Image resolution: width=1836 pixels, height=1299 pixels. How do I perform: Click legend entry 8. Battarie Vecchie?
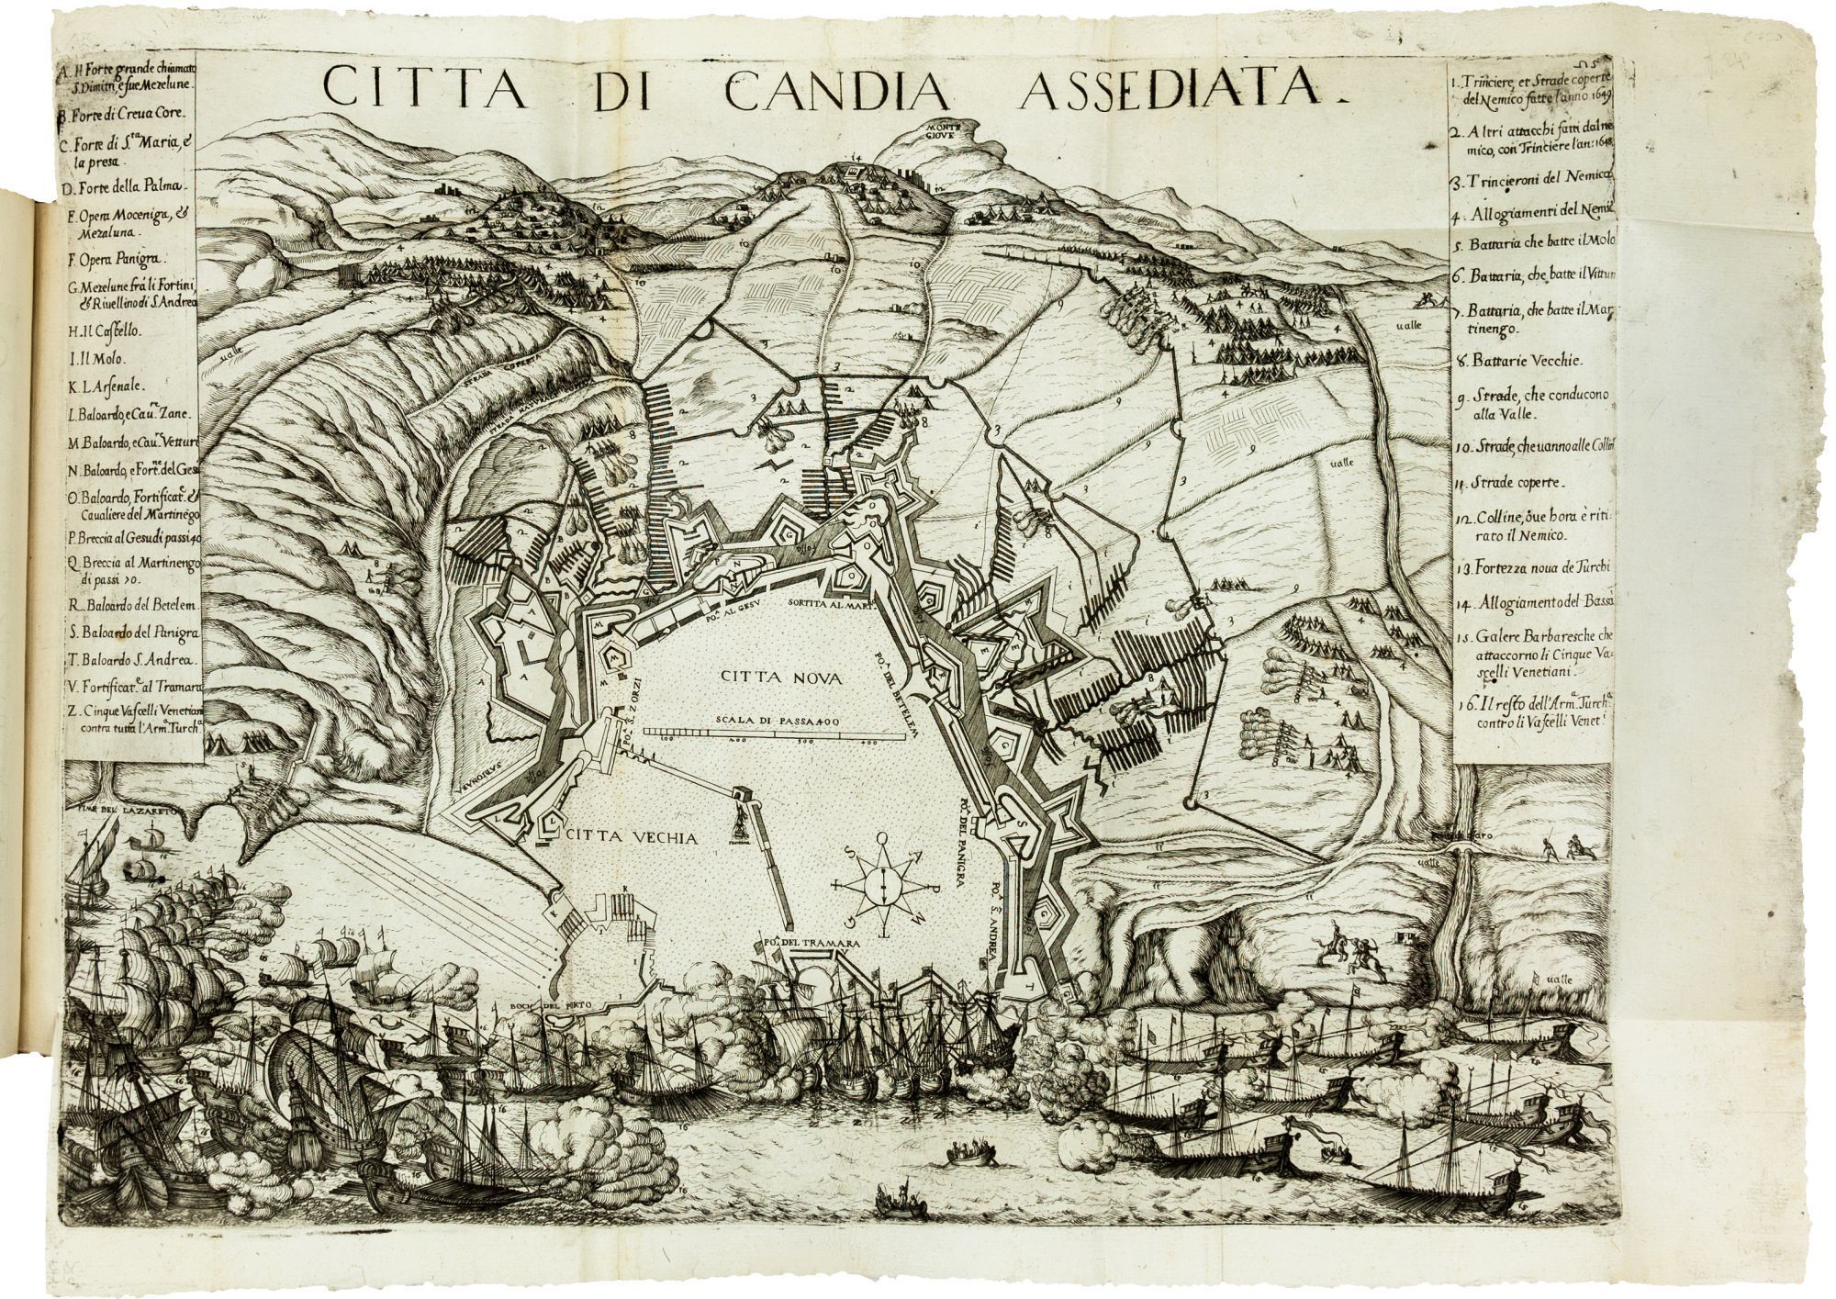(x=1524, y=361)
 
